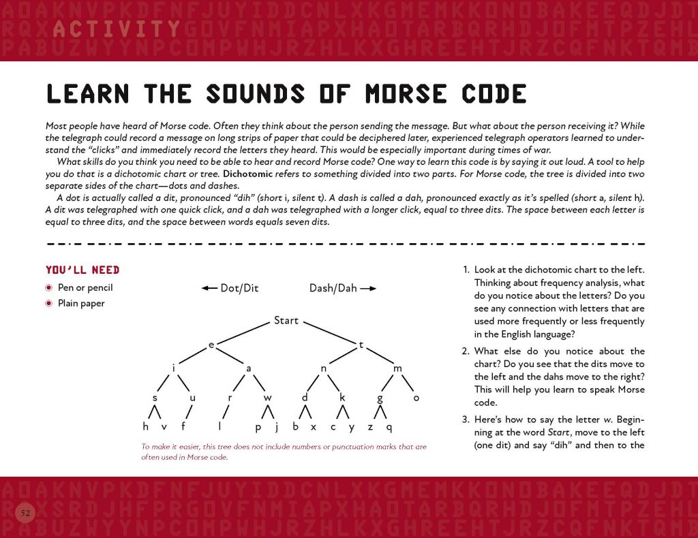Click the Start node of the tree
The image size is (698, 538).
(286, 320)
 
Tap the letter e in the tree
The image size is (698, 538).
(211, 345)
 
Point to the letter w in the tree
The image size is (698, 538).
(268, 398)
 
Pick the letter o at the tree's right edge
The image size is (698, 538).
(416, 398)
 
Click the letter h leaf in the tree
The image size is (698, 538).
(145, 427)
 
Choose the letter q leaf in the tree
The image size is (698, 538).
(389, 428)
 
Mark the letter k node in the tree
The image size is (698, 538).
(343, 398)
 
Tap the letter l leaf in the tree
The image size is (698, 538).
(220, 427)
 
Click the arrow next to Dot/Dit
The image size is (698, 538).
(209, 288)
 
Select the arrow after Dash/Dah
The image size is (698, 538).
(368, 288)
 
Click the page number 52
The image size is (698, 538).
(25, 512)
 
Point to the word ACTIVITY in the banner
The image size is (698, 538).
(116, 29)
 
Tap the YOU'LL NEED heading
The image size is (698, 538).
(82, 270)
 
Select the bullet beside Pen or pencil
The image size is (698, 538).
(49, 287)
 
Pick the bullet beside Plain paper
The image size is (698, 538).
(49, 303)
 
